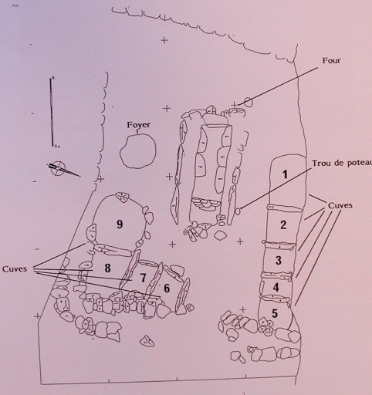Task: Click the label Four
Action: [331, 60]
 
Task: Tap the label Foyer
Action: [139, 125]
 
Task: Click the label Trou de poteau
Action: [342, 164]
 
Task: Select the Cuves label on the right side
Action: [340, 205]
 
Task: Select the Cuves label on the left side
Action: [15, 269]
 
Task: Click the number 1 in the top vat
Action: [285, 174]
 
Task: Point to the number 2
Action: [283, 225]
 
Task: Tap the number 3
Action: [279, 260]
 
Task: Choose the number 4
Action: [276, 287]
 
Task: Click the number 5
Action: [275, 313]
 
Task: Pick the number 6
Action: [167, 289]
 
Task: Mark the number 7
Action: [143, 278]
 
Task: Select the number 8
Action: [107, 268]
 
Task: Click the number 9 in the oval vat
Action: [120, 225]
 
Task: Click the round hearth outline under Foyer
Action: [120, 154]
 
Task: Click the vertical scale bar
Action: [52, 112]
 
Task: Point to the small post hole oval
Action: [238, 211]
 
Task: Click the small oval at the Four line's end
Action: [249, 102]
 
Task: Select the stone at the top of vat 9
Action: [122, 197]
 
